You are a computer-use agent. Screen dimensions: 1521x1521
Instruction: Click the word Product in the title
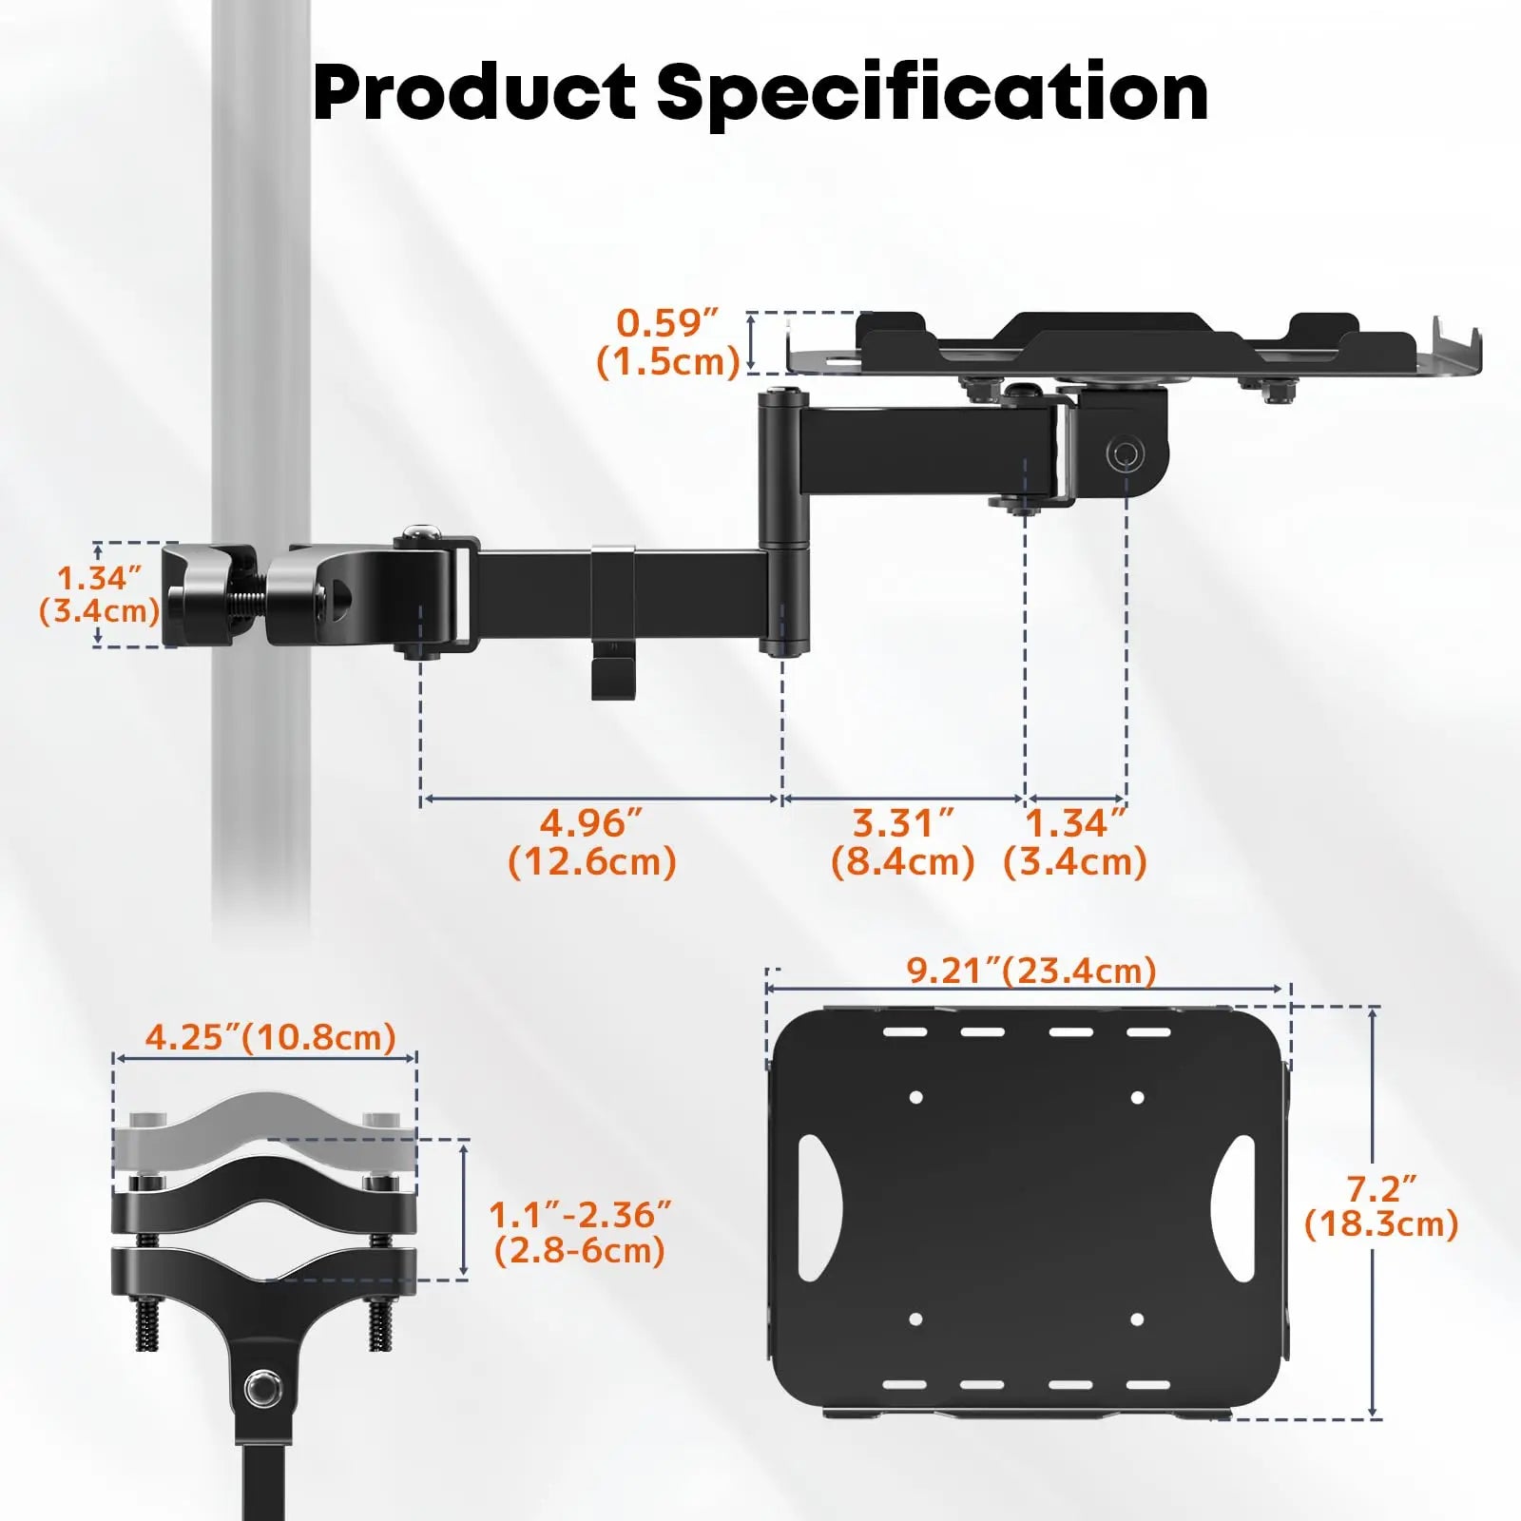(x=473, y=93)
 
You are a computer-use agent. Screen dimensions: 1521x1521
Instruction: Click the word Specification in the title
(x=932, y=93)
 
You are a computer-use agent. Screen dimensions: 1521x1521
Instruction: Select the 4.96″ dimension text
(x=591, y=823)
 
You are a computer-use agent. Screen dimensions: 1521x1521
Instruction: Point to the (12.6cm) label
(x=592, y=862)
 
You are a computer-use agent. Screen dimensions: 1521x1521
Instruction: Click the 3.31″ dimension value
(x=902, y=823)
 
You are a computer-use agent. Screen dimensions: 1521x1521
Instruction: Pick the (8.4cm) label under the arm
(x=902, y=862)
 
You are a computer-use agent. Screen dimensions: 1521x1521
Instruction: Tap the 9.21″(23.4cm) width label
(x=1031, y=971)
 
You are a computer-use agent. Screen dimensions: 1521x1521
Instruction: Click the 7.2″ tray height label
(x=1380, y=1188)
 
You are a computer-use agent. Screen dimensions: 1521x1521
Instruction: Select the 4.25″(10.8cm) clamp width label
(x=270, y=1037)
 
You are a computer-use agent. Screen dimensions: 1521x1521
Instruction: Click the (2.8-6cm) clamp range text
(x=580, y=1250)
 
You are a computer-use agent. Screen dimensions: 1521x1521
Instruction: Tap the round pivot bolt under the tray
(x=1124, y=453)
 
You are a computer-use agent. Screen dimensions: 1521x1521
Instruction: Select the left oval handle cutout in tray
(x=819, y=1207)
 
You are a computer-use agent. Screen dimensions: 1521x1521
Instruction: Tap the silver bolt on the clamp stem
(x=263, y=1390)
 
